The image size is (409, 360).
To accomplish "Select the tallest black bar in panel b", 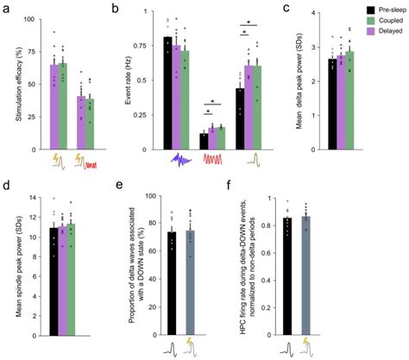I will pos(168,87).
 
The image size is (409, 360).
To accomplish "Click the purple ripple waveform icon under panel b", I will pos(179,159).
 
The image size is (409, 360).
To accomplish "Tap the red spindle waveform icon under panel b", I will pos(215,159).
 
